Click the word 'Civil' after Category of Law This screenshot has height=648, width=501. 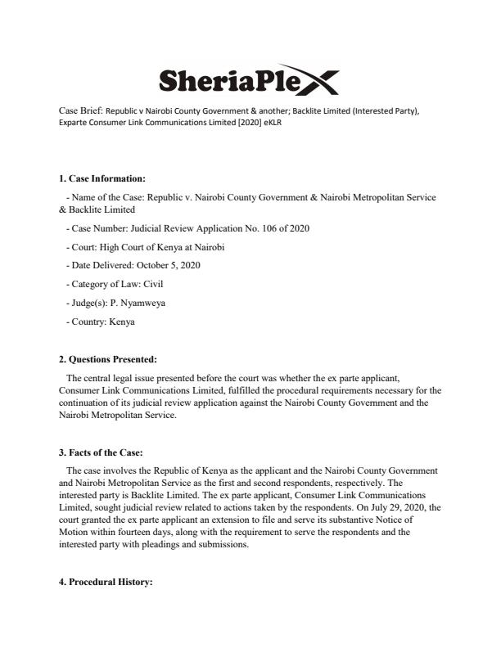pyautogui.click(x=153, y=284)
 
